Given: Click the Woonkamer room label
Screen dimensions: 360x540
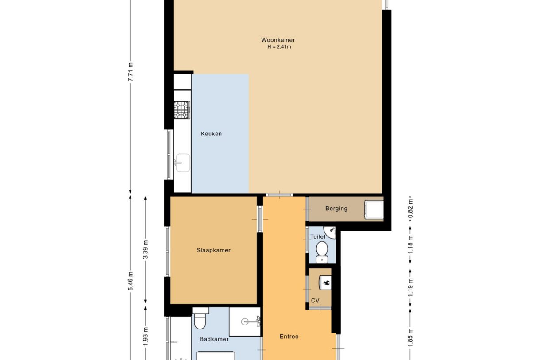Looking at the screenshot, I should [278, 40].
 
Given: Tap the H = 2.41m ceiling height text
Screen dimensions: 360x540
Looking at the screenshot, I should [279, 47].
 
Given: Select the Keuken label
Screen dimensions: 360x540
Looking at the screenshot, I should [211, 134].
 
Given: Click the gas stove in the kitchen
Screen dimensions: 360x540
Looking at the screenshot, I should [181, 110].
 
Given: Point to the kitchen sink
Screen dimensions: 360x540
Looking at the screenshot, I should [181, 163].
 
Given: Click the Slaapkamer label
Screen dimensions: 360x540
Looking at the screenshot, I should [213, 250].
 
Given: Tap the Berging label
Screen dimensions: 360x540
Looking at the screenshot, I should [336, 209].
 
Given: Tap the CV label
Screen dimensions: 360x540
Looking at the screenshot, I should [315, 301].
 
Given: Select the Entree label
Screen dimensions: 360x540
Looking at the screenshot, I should [289, 337].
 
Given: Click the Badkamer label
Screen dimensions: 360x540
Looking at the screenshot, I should [214, 339].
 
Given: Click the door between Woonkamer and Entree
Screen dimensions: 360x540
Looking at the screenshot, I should [279, 195].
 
